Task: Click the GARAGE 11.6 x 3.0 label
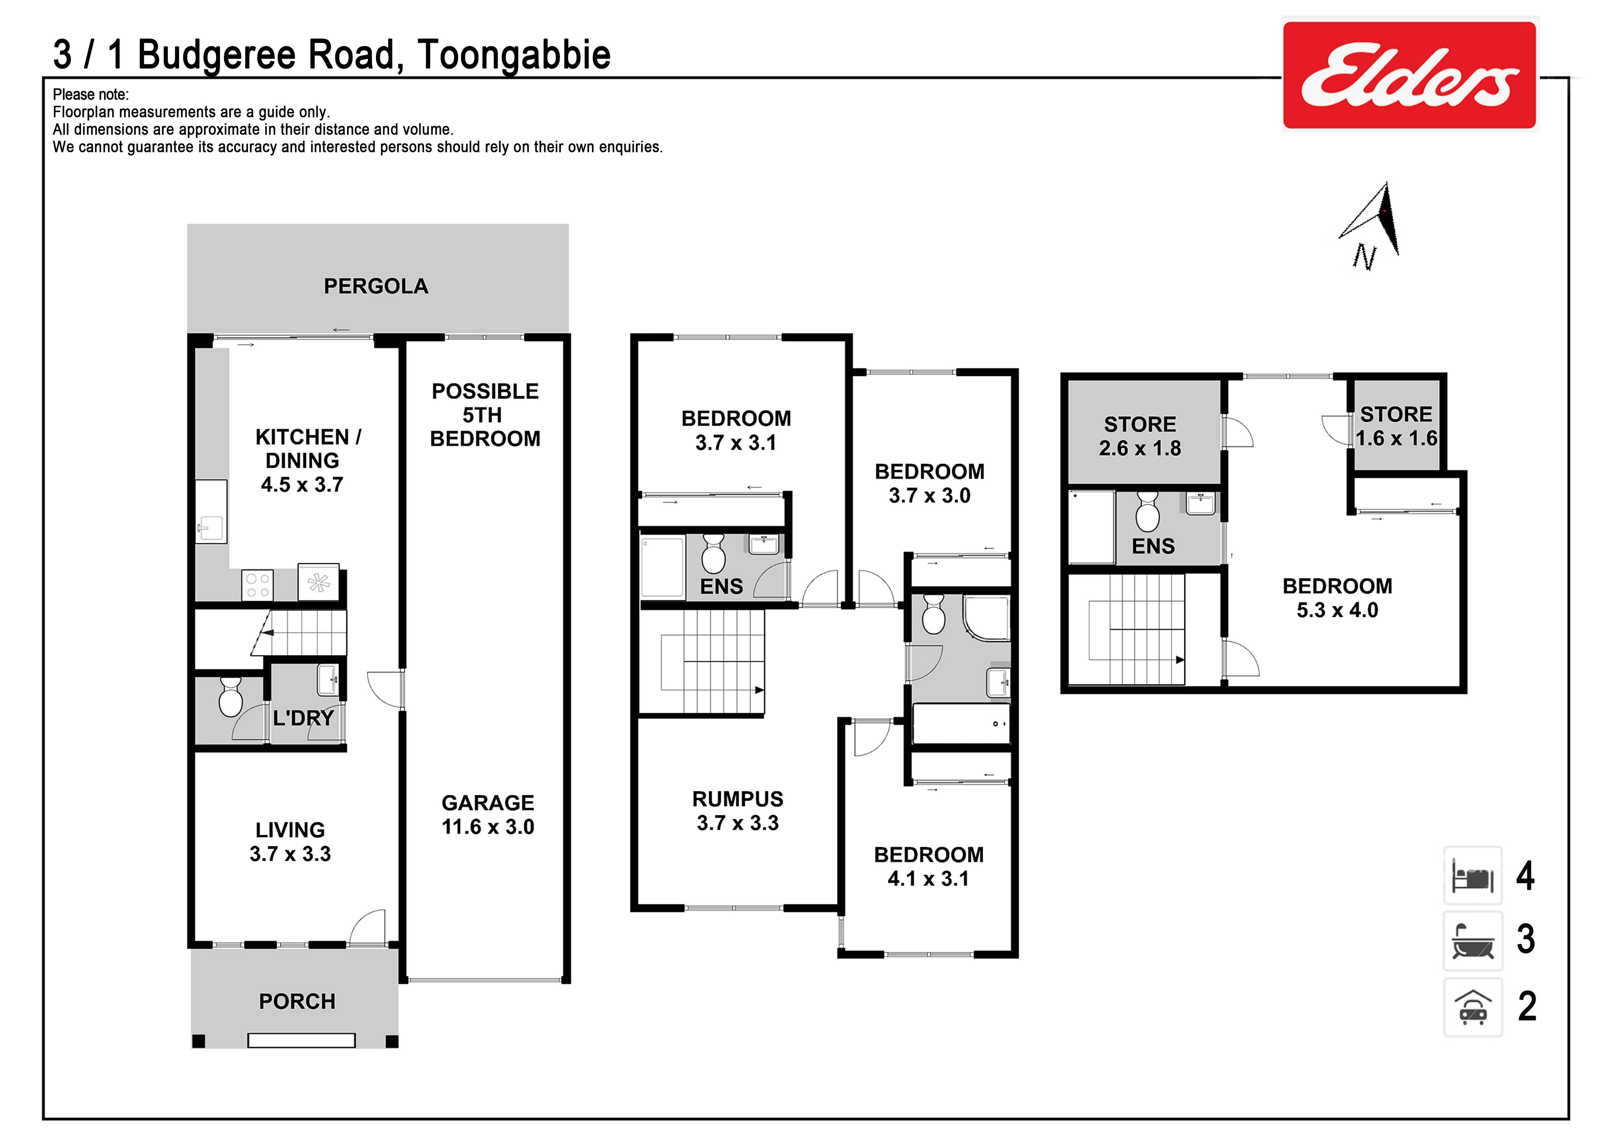click(x=488, y=814)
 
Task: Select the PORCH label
click(x=297, y=1001)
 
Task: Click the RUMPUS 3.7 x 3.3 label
click(x=738, y=811)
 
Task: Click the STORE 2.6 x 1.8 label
click(x=1140, y=436)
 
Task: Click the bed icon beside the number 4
click(x=1473, y=875)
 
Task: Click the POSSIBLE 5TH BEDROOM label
click(x=485, y=414)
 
